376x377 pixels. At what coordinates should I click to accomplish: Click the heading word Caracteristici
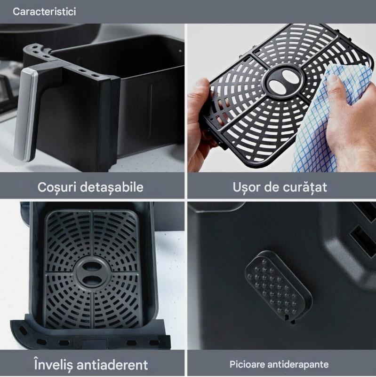pos(44,12)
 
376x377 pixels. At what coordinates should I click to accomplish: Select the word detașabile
pos(112,187)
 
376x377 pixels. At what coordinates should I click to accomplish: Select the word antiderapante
pos(298,365)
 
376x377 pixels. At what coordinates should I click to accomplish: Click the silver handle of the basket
pos(25,115)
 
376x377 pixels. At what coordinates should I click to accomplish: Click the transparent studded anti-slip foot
pos(279,286)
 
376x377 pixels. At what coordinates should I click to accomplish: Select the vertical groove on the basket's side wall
pos(151,111)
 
